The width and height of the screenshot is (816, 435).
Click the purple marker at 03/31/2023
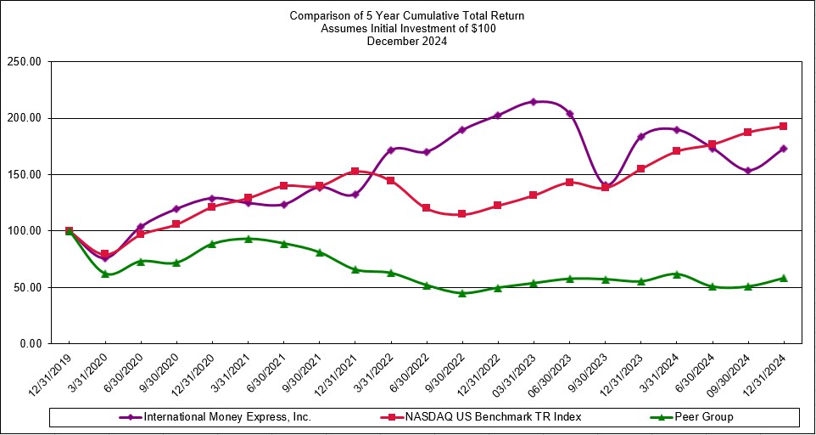[534, 102]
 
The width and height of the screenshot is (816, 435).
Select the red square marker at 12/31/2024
[783, 127]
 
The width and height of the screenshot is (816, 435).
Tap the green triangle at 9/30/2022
[462, 293]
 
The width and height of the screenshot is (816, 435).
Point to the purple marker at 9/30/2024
[747, 171]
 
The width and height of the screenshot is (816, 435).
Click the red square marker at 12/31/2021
[355, 172]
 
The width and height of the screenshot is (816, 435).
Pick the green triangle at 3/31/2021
[248, 239]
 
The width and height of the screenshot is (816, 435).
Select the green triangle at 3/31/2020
[105, 274]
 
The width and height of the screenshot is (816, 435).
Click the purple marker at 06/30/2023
[569, 114]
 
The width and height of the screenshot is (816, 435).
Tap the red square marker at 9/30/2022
[462, 214]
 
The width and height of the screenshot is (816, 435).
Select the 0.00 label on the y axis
[31, 344]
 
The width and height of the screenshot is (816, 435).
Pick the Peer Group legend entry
[699, 417]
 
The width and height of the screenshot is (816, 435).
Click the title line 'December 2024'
[407, 40]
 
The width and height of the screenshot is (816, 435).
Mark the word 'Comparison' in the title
[318, 16]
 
